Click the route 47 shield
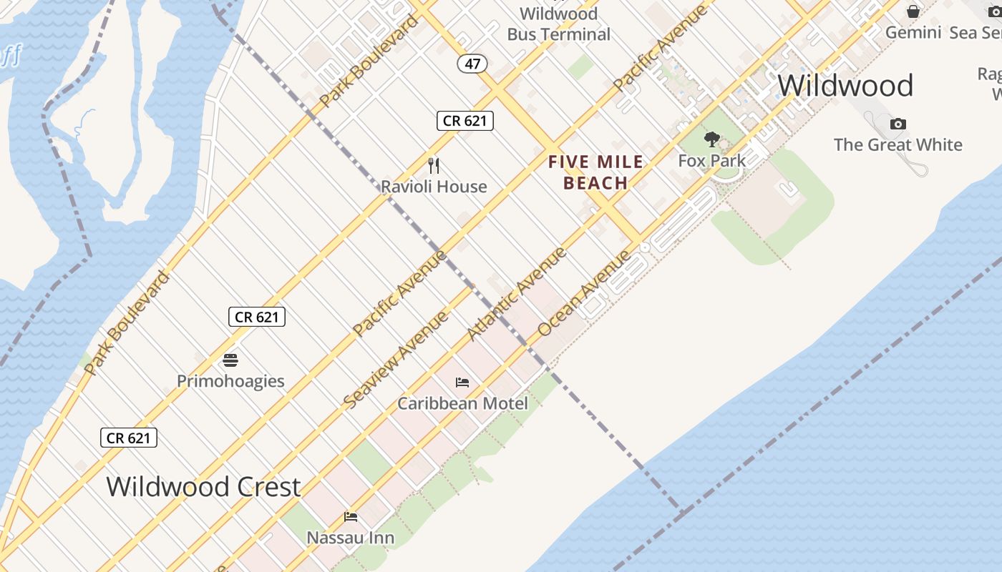472,64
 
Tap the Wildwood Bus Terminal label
558,24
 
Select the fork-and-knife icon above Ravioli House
434,166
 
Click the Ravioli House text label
434,187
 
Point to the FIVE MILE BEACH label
595,172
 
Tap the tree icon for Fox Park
711,139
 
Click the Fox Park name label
711,161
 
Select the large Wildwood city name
845,86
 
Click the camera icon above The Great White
898,124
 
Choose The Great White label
898,144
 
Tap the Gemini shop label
913,32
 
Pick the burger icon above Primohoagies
230,360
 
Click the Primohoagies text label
230,381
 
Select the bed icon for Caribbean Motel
462,383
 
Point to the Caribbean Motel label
462,403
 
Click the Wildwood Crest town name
203,487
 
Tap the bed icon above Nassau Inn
351,516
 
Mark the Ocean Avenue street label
585,293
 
